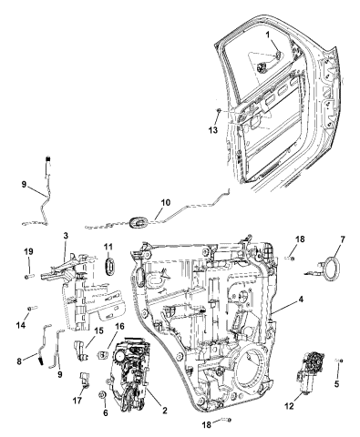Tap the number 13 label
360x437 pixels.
pyautogui.click(x=212, y=131)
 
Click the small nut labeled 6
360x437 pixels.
pyautogui.click(x=103, y=397)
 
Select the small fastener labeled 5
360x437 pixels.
pyautogui.click(x=339, y=361)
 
